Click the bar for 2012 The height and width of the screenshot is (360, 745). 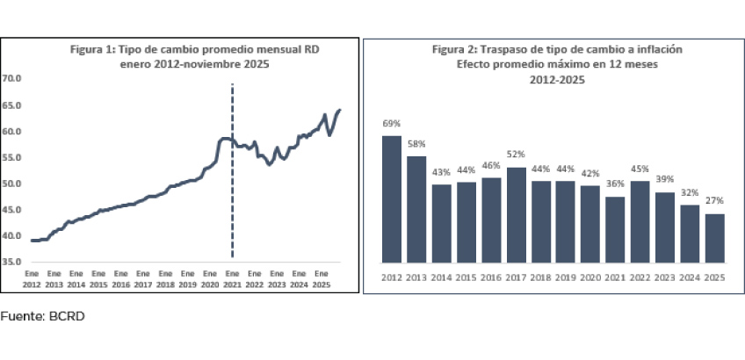[392, 199]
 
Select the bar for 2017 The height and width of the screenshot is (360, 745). [517, 215]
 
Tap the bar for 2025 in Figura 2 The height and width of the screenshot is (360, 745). [716, 238]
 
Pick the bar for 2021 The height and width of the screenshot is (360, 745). [617, 229]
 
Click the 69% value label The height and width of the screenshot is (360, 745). [392, 124]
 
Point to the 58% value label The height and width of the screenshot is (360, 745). [416, 144]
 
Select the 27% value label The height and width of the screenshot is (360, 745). [716, 202]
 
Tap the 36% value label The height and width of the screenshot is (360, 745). [617, 184]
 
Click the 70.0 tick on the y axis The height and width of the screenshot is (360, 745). [12, 79]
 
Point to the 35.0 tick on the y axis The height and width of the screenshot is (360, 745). [12, 262]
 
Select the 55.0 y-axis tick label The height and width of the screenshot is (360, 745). [12, 157]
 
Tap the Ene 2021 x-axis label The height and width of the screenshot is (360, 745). [232, 279]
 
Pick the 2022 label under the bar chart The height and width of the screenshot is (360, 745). [641, 277]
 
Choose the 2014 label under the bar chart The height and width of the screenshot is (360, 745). [442, 277]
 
